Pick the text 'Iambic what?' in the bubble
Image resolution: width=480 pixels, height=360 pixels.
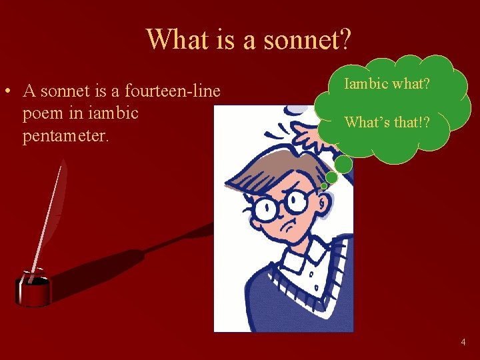(387, 85)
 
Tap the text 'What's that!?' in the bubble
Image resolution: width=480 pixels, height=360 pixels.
(387, 122)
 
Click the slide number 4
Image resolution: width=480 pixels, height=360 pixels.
(463, 342)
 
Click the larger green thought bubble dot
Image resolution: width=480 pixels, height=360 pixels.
(343, 165)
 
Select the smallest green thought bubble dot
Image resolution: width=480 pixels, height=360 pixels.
(325, 185)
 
